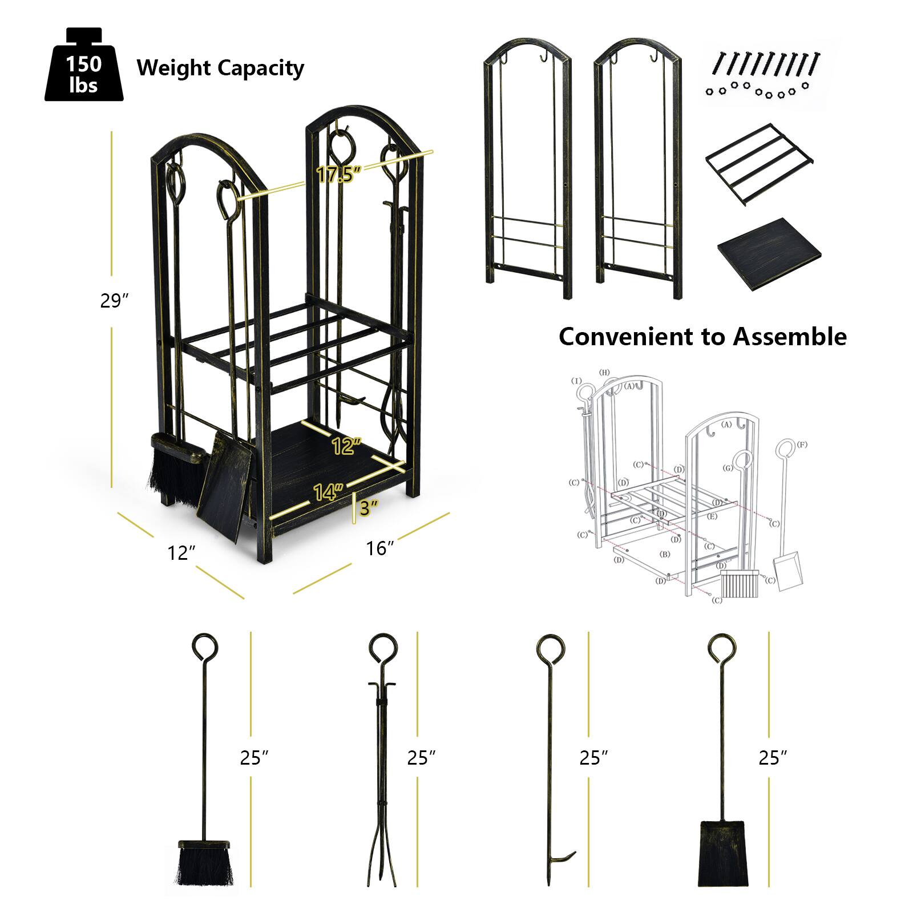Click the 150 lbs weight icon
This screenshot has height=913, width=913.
pyautogui.click(x=84, y=67)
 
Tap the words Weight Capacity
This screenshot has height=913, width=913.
pyautogui.click(x=220, y=68)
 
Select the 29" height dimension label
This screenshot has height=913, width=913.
pyautogui.click(x=115, y=301)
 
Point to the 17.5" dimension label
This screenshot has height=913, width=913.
pyautogui.click(x=339, y=174)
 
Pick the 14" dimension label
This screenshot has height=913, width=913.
pyautogui.click(x=329, y=491)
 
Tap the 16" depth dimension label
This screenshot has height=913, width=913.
pyautogui.click(x=380, y=548)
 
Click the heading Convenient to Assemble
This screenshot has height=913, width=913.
pyautogui.click(x=702, y=337)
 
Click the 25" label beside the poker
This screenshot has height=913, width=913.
pyautogui.click(x=593, y=758)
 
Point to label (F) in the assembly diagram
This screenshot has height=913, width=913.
pyautogui.click(x=803, y=444)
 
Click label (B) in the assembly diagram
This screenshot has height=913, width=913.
pyautogui.click(x=664, y=554)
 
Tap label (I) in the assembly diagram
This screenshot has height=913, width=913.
pyautogui.click(x=577, y=381)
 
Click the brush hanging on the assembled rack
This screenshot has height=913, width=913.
pyautogui.click(x=172, y=468)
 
